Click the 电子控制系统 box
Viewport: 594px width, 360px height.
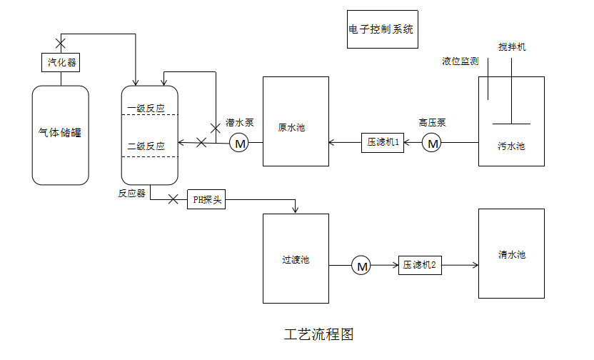[382, 30]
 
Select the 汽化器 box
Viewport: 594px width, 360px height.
[61, 63]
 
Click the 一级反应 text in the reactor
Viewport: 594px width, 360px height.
[146, 109]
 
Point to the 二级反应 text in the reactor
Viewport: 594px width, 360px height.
[146, 146]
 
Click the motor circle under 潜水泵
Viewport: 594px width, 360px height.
[239, 144]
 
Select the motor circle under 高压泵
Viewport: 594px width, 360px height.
[432, 144]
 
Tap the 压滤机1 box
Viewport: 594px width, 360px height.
[383, 143]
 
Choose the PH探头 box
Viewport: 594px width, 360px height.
[207, 200]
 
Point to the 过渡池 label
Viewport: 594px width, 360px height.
[296, 260]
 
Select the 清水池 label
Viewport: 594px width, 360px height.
[512, 254]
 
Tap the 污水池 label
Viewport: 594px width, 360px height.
[511, 146]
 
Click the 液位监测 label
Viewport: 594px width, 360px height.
[460, 61]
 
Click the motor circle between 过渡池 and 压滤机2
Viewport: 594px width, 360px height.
[362, 266]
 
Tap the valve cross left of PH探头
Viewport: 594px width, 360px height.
[173, 199]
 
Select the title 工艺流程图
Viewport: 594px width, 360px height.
[318, 334]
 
